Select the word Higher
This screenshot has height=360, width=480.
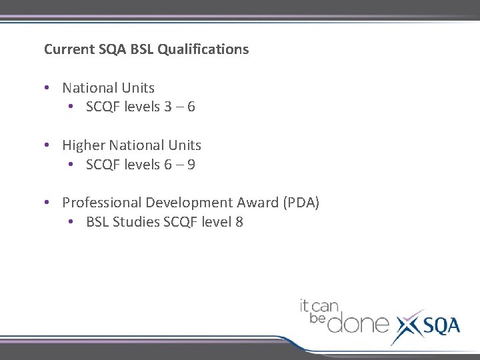(83, 145)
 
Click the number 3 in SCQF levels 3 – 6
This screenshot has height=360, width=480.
(167, 107)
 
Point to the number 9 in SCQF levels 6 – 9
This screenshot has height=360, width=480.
(191, 165)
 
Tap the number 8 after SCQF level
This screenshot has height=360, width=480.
(239, 222)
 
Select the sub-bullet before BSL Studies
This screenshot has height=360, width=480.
(71, 222)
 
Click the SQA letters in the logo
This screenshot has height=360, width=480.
(440, 325)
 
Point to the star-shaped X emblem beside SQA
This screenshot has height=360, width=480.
(408, 327)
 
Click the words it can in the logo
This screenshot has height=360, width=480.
(319, 307)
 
